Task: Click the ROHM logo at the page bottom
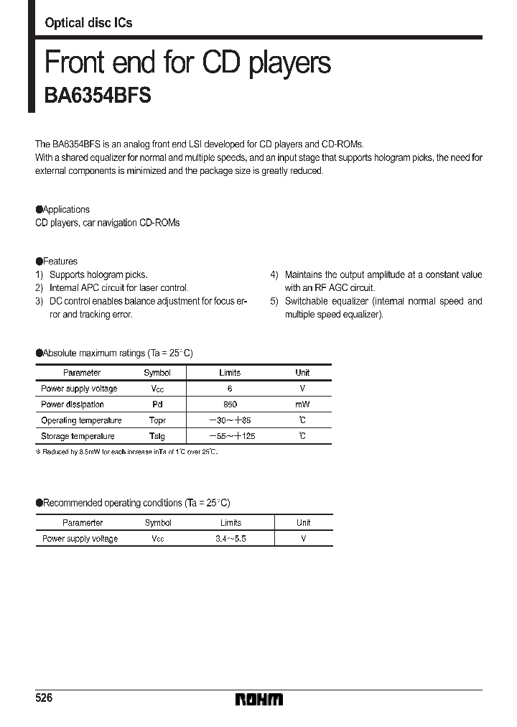point(259,699)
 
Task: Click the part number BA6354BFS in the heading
point(98,97)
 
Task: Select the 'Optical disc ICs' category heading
point(88,23)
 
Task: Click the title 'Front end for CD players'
point(187,62)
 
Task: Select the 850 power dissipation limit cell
point(230,404)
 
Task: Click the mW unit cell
point(302,404)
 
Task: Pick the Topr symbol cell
point(157,420)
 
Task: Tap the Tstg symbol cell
point(157,436)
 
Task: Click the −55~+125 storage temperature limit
point(231,436)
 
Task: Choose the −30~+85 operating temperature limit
point(230,420)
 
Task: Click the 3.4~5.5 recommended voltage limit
point(230,538)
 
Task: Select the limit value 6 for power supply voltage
point(230,389)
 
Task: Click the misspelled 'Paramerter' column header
point(83,522)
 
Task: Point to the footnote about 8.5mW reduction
point(126,452)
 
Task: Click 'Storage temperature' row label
point(78,436)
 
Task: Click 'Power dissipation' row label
point(73,404)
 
